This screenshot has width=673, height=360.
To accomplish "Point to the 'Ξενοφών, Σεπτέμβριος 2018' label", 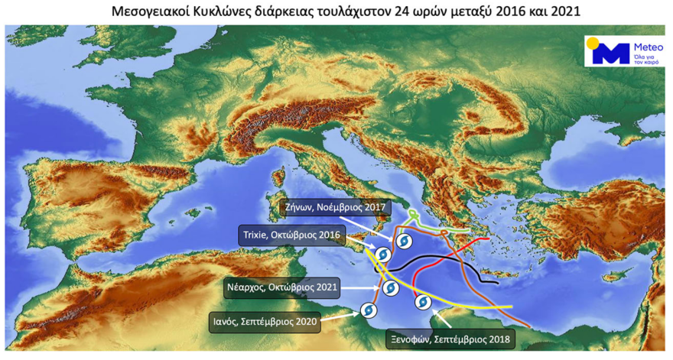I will (x=447, y=338).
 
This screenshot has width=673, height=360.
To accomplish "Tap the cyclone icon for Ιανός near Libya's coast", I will (x=367, y=310).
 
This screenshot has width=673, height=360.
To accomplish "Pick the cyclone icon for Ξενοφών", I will (x=422, y=303).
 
